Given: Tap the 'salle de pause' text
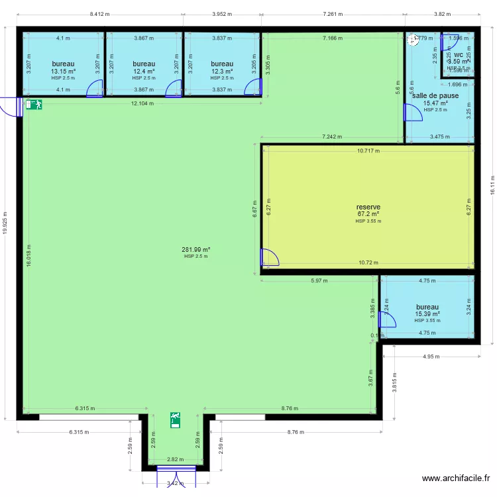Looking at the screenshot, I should tap(435, 95).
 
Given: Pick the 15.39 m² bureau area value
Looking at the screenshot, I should tap(427, 314).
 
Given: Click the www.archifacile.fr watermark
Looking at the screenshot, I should tap(456, 479).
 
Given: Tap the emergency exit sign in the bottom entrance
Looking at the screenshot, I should tap(176, 419).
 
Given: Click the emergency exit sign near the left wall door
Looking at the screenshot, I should tap(34, 104).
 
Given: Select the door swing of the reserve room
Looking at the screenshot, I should tap(270, 258).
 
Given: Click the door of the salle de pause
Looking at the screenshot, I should tap(414, 113).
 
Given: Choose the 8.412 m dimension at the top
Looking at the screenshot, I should tap(99, 14).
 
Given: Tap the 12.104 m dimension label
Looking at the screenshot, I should tap(142, 103).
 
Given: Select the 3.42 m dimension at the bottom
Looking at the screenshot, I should tap(176, 483).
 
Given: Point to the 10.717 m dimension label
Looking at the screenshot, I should tap(368, 150).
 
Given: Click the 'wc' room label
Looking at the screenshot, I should tap(458, 55).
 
